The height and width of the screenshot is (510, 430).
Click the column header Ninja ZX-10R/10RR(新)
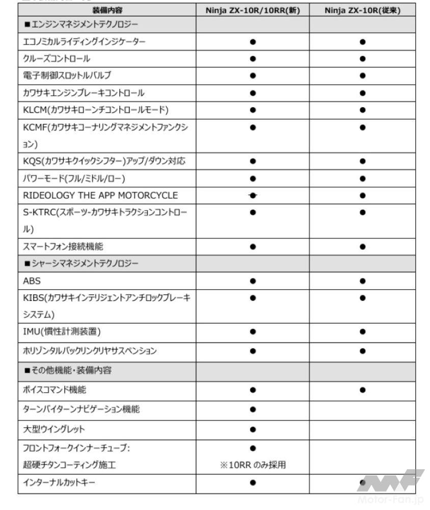pyautogui.click(x=253, y=10)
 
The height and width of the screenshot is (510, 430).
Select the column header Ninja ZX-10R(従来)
pyautogui.click(x=362, y=10)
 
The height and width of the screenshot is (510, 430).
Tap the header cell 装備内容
pyautogui.click(x=107, y=10)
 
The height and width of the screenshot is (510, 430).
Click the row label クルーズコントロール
pyautogui.click(x=57, y=59)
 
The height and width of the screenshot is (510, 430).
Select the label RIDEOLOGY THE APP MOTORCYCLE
pyautogui.click(x=100, y=195)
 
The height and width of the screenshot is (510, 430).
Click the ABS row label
pyautogui.click(x=32, y=280)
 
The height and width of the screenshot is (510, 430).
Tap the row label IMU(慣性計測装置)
pyautogui.click(x=62, y=332)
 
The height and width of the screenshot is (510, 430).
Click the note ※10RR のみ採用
pyautogui.click(x=253, y=465)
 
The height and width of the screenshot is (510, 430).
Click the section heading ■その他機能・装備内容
pyautogui.click(x=68, y=371)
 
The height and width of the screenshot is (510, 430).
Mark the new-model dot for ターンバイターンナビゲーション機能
pyautogui.click(x=253, y=410)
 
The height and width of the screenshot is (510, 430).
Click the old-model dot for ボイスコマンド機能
pyautogui.click(x=362, y=390)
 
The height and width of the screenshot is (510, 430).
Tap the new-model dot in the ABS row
pyautogui.click(x=253, y=280)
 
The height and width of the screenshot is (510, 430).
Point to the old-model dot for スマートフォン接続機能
pyautogui.click(x=362, y=246)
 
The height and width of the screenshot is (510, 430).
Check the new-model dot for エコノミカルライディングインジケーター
pyautogui.click(x=253, y=42)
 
